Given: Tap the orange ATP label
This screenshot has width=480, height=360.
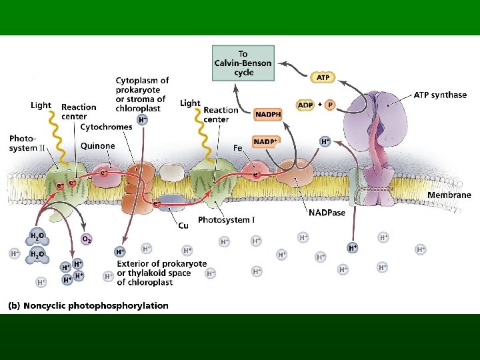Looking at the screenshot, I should click(323, 77).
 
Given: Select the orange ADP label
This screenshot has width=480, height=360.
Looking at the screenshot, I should click(305, 105).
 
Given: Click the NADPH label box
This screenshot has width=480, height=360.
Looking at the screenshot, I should click(268, 115).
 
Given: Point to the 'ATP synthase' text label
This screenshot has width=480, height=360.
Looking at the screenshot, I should click(440, 95).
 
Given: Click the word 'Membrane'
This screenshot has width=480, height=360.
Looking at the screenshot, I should click(449, 195).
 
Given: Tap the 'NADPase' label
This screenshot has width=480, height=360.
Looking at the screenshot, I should click(326, 213).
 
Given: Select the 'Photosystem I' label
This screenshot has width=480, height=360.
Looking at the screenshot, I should click(227, 219).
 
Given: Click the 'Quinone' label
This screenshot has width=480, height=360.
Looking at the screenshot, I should click(97, 146).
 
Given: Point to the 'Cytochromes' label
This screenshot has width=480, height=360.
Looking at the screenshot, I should click(107, 127).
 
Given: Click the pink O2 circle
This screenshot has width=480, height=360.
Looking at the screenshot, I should click(87, 238).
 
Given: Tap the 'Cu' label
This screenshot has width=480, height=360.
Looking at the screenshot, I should click(183, 225).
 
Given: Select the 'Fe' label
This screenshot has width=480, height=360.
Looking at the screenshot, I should click(237, 148).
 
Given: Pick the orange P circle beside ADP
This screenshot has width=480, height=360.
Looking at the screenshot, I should click(331, 105).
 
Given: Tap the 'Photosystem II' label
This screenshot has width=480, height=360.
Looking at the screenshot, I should click(27, 143).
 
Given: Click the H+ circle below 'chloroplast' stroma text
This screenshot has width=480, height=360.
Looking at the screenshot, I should click(142, 119).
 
